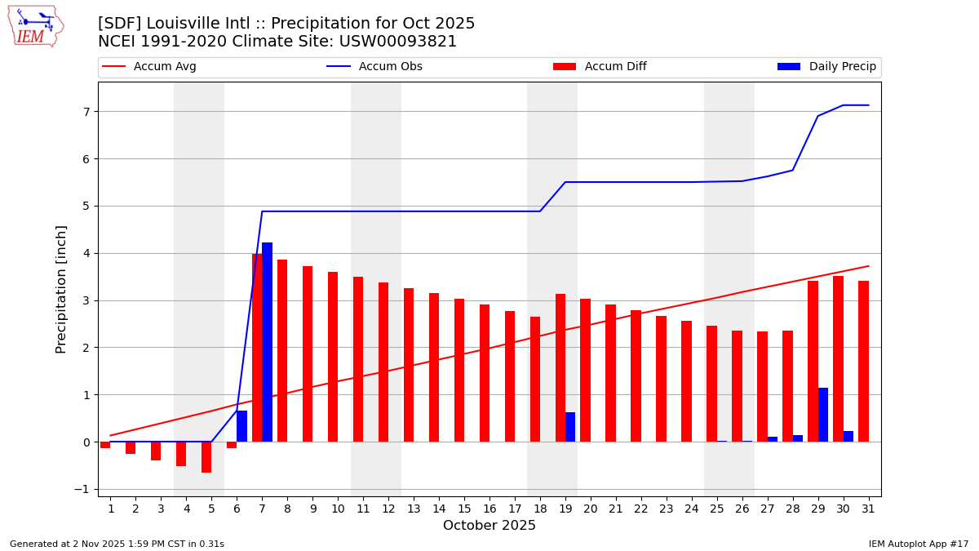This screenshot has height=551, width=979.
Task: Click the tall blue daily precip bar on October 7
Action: click(267, 342)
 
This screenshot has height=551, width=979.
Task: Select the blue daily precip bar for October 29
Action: click(823, 415)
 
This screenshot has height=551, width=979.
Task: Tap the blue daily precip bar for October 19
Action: click(570, 427)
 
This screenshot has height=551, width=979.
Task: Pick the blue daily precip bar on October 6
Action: click(241, 426)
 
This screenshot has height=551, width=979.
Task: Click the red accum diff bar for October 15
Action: click(459, 371)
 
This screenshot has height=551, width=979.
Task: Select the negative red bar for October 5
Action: click(206, 457)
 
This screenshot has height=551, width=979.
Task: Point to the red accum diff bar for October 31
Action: click(863, 362)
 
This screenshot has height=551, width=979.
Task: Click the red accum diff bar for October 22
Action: click(636, 376)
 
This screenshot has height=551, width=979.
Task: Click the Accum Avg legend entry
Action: click(150, 67)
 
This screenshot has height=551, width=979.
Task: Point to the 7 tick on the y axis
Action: click(85, 112)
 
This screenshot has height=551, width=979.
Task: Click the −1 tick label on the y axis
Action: click(82, 490)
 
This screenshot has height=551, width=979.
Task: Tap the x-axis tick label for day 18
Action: click(539, 509)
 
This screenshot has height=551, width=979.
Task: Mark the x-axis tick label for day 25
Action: click(716, 509)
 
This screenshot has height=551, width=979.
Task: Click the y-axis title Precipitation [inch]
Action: click(61, 289)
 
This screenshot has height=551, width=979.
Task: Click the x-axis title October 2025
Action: click(489, 527)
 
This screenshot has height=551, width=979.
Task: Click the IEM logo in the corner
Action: click(35, 26)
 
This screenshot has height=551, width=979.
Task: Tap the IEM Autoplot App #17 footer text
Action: click(919, 544)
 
